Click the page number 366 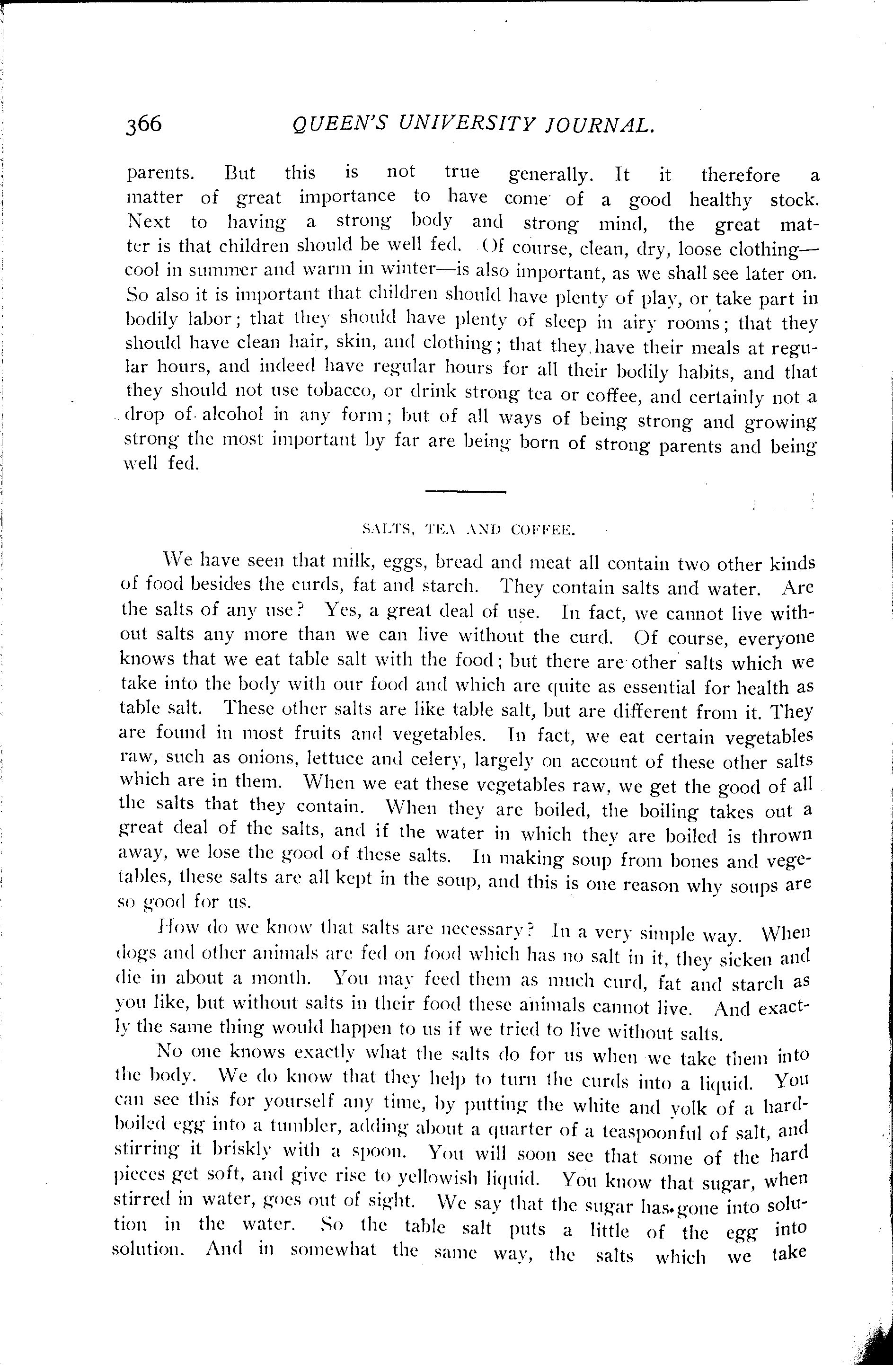144,124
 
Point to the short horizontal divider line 465,491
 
